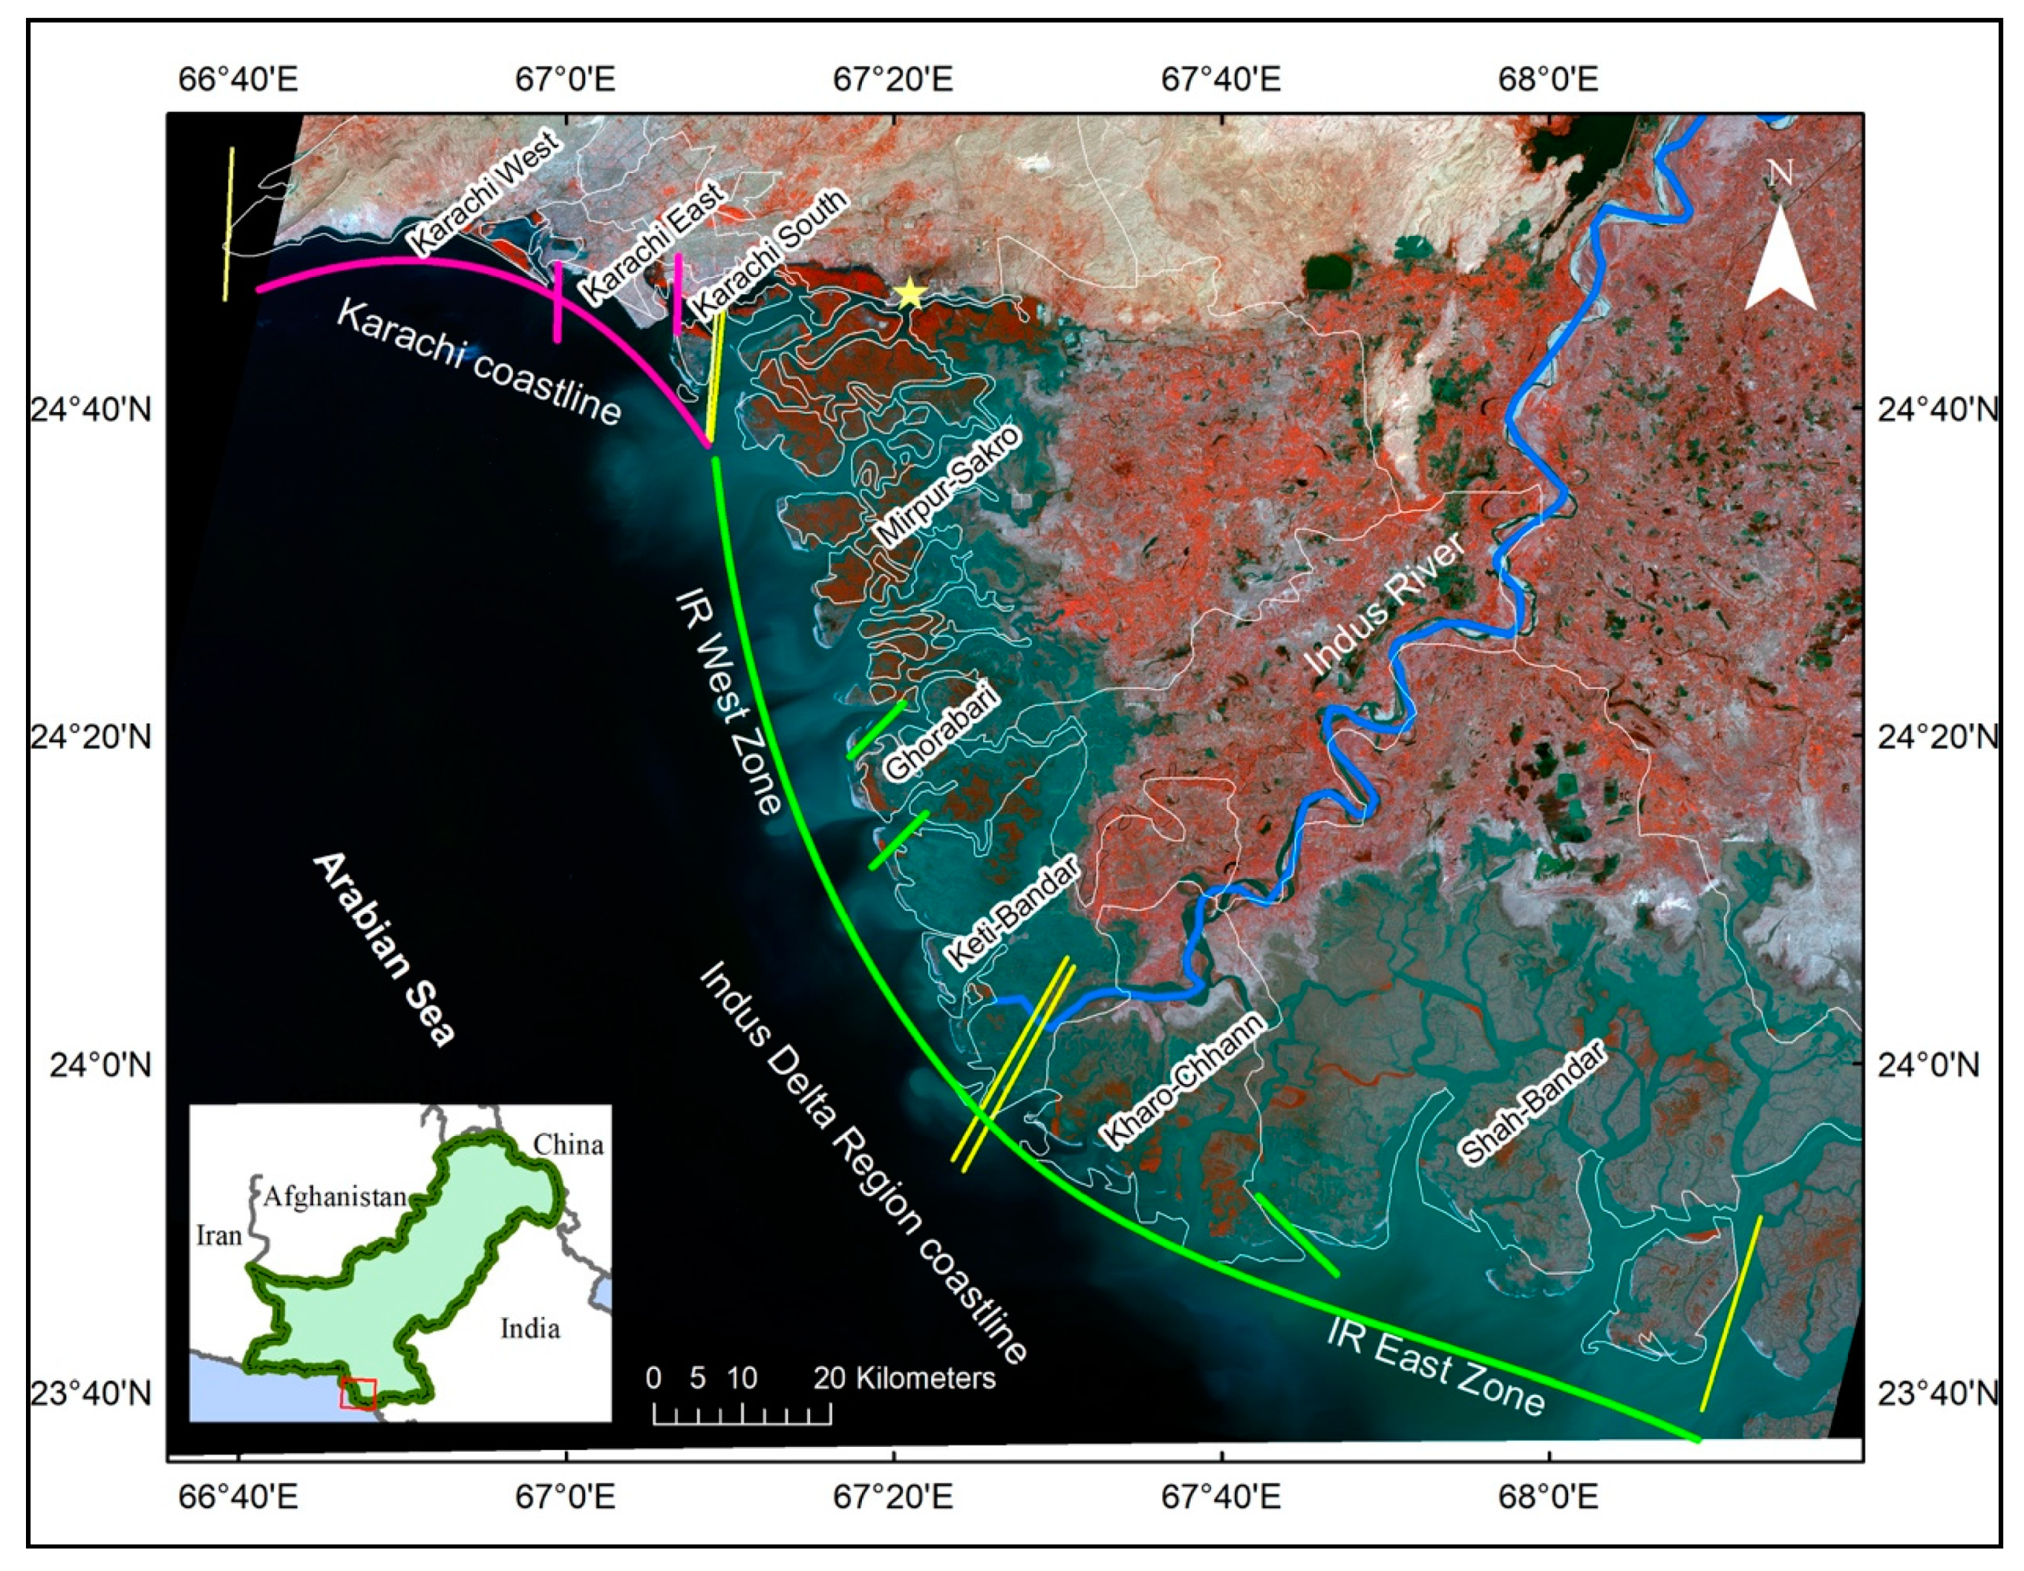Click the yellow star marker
910,293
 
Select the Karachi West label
484,194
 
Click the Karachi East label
652,243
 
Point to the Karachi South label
770,252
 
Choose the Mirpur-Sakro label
946,487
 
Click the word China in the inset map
568,1145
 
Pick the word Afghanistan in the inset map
335,1197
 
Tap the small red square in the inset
358,1394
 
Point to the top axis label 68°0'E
1548,80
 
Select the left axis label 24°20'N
91,738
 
